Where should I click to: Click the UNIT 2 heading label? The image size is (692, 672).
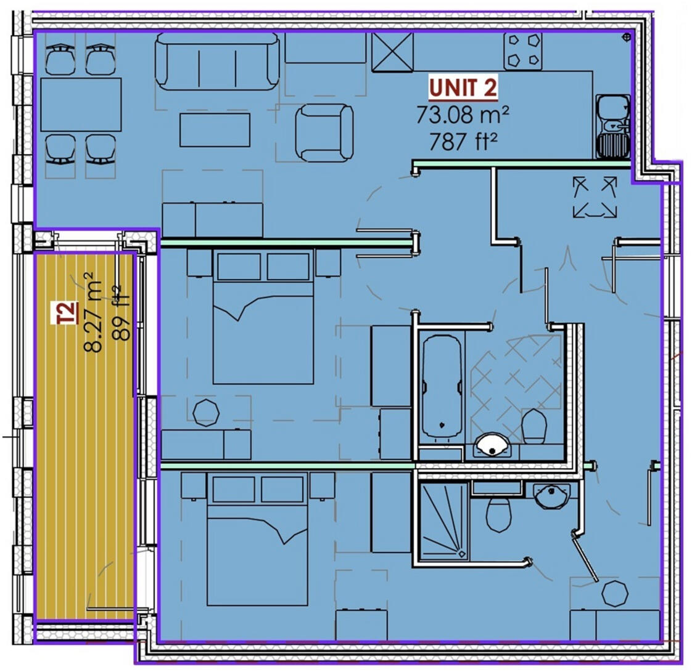463,88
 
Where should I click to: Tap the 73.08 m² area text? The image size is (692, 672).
462,115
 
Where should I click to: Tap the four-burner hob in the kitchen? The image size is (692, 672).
523,51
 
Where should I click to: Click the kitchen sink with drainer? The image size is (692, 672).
612,126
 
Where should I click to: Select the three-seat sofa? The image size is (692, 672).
216,61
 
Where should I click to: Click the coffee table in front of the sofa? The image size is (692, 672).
215,130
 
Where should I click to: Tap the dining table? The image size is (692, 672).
81,104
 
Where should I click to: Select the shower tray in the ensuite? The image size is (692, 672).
444,521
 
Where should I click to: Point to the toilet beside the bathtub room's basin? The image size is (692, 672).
534,426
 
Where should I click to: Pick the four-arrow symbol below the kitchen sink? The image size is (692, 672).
595,196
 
